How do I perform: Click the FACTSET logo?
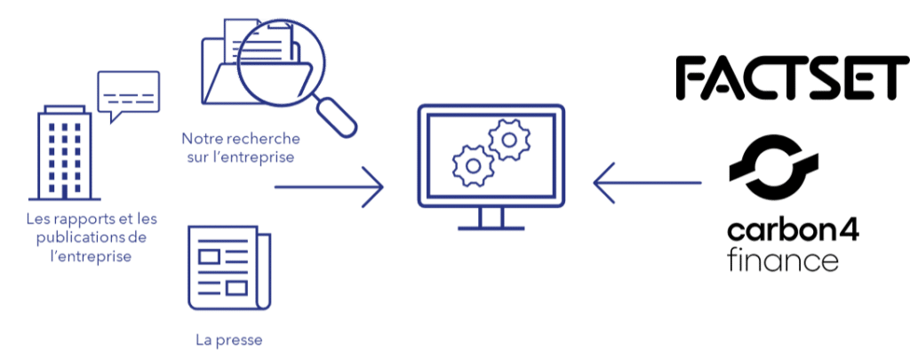pyautogui.click(x=793, y=78)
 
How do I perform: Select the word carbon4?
pyautogui.click(x=793, y=232)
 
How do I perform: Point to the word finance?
pyautogui.click(x=782, y=260)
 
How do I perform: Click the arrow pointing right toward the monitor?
pyautogui.click(x=329, y=187)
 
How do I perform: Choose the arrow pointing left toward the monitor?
pyautogui.click(x=647, y=183)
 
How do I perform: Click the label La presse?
pyautogui.click(x=228, y=340)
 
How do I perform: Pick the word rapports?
pyautogui.click(x=81, y=220)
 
